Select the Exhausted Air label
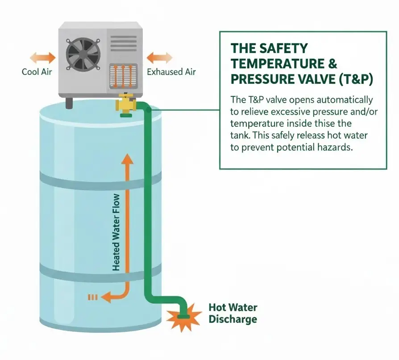(x=171, y=72)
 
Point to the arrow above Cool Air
(x=42, y=58)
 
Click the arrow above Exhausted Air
(x=159, y=58)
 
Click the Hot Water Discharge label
(x=233, y=314)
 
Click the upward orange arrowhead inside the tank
(x=127, y=160)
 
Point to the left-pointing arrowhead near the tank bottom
(x=106, y=297)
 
